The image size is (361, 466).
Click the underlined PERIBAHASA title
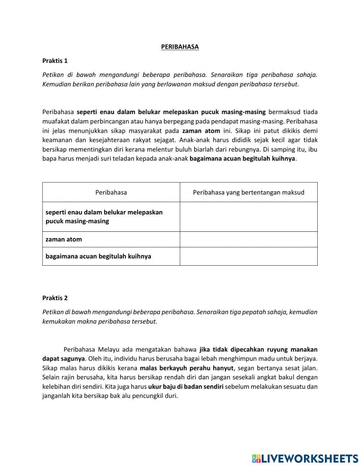click(180, 47)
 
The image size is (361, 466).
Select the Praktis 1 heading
click(55, 61)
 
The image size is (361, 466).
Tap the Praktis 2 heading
click(55, 298)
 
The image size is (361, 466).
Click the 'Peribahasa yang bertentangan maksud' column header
click(248, 192)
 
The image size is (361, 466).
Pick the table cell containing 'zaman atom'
click(111, 239)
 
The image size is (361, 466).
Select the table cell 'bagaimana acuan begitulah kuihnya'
click(111, 256)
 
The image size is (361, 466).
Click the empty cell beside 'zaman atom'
click(248, 239)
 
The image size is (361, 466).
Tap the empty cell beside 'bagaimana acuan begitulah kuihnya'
click(248, 256)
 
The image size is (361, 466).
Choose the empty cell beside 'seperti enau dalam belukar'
click(248, 217)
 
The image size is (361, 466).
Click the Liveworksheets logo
click(305, 458)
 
